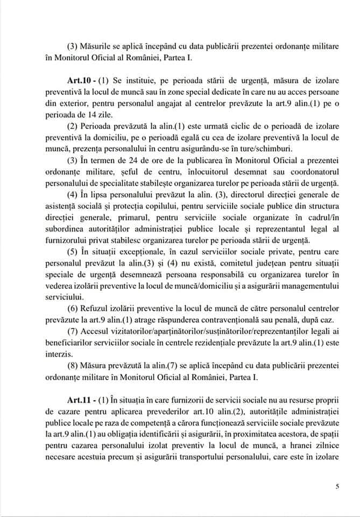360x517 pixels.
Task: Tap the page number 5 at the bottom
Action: [337, 487]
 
